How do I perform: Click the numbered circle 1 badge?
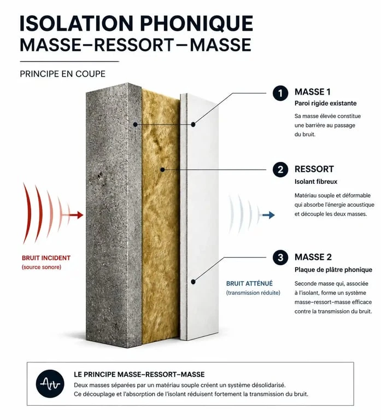[x=280, y=93]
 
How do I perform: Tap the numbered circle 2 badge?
[x=280, y=170]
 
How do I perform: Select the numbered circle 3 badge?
[x=280, y=258]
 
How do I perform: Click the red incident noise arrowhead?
[x=80, y=215]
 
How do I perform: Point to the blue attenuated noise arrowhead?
[x=271, y=215]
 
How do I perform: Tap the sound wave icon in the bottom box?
[x=50, y=383]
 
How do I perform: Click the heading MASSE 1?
[x=313, y=92]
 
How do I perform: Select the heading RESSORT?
[x=314, y=169]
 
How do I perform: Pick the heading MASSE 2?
[x=313, y=257]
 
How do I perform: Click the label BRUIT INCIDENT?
[x=46, y=258]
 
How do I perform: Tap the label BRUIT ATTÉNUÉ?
[x=249, y=283]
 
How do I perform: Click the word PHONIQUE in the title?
[x=197, y=24]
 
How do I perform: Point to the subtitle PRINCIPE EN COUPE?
[x=63, y=74]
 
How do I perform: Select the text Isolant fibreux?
[x=316, y=182]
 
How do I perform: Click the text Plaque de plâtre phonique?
[x=333, y=270]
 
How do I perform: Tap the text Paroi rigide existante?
[x=326, y=103]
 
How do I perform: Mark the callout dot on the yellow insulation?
[x=162, y=170]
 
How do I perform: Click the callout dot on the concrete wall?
[x=135, y=125]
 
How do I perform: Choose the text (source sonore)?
[x=42, y=267]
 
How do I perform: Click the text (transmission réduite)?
[x=253, y=293]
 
